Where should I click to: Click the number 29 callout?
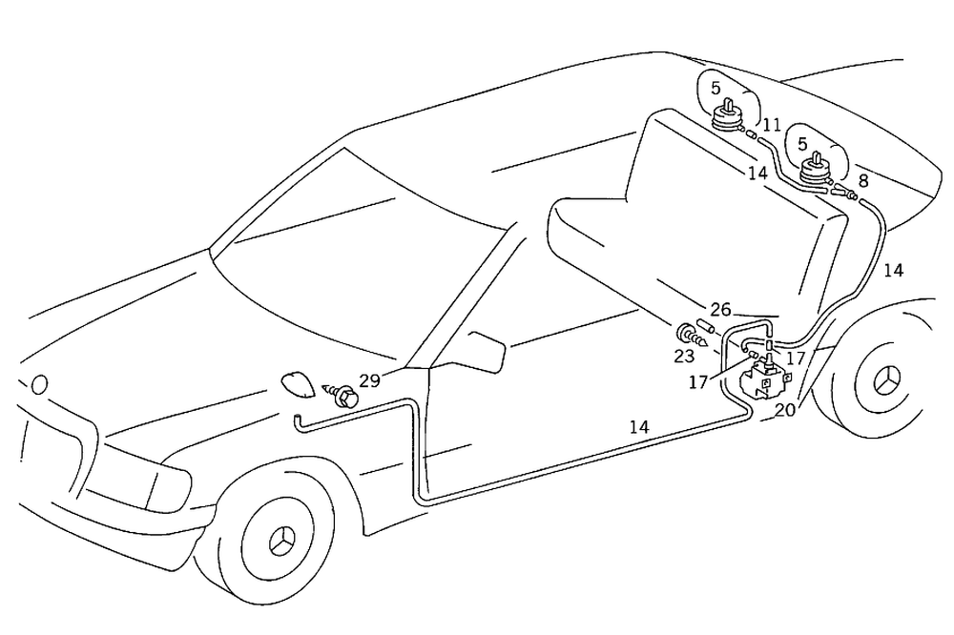click(370, 380)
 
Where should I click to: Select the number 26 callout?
click(720, 310)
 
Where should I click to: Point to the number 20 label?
click(784, 411)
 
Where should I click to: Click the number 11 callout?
click(772, 125)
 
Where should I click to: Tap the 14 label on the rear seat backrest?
click(757, 174)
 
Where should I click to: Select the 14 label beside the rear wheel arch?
click(893, 270)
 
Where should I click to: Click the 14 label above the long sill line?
click(638, 427)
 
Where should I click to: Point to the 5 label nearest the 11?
click(715, 88)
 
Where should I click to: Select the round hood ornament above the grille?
click(38, 384)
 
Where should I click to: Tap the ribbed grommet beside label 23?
click(686, 334)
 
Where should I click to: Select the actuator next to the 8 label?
click(815, 172)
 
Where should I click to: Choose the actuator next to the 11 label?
click(727, 117)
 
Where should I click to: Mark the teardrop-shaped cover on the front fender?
click(299, 385)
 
